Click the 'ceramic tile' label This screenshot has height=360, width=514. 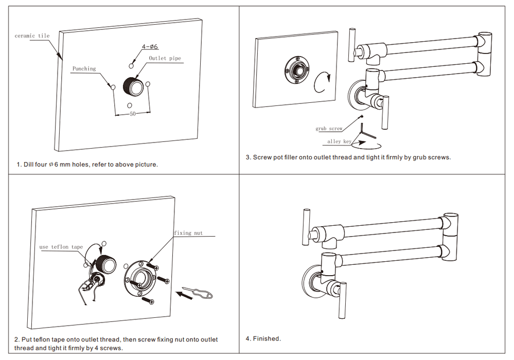tap(32, 36)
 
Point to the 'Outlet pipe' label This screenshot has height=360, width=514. tap(165, 58)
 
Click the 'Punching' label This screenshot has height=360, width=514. tap(84, 68)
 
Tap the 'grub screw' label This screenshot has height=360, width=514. tap(329, 129)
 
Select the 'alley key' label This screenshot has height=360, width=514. tap(339, 141)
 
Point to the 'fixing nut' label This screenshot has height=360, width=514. tap(188, 233)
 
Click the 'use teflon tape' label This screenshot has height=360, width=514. tap(61, 247)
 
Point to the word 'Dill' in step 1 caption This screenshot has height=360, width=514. tap(29, 165)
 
